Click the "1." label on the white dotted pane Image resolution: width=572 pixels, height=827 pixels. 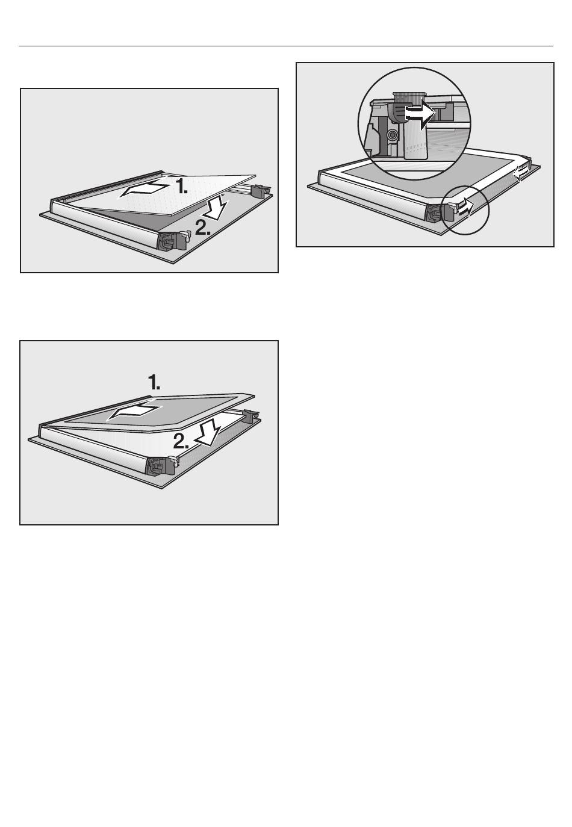point(181,186)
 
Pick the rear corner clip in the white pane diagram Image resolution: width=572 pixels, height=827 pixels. point(261,191)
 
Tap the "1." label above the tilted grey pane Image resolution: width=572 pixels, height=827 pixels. point(154,382)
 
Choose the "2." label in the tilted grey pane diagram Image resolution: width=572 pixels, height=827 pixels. point(181,441)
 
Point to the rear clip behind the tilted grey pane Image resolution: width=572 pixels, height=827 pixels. point(250,415)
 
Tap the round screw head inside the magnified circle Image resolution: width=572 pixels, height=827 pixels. point(391,136)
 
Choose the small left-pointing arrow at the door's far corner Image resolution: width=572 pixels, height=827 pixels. point(521,172)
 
